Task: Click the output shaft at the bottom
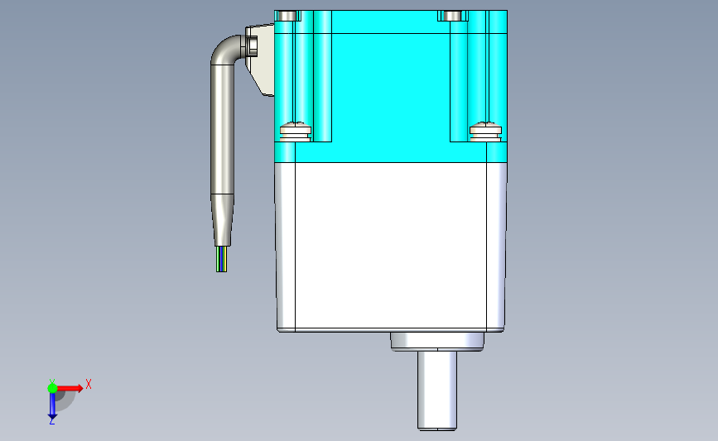pos(437,391)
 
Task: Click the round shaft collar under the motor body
pos(437,342)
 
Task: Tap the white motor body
pos(391,247)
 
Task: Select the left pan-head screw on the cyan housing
pos(296,131)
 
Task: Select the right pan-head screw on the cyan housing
pos(485,131)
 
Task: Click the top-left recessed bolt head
pos(287,16)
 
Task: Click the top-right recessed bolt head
pos(452,16)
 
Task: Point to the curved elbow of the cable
pos(224,50)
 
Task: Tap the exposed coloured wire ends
pos(222,259)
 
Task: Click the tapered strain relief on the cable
pos(223,220)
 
